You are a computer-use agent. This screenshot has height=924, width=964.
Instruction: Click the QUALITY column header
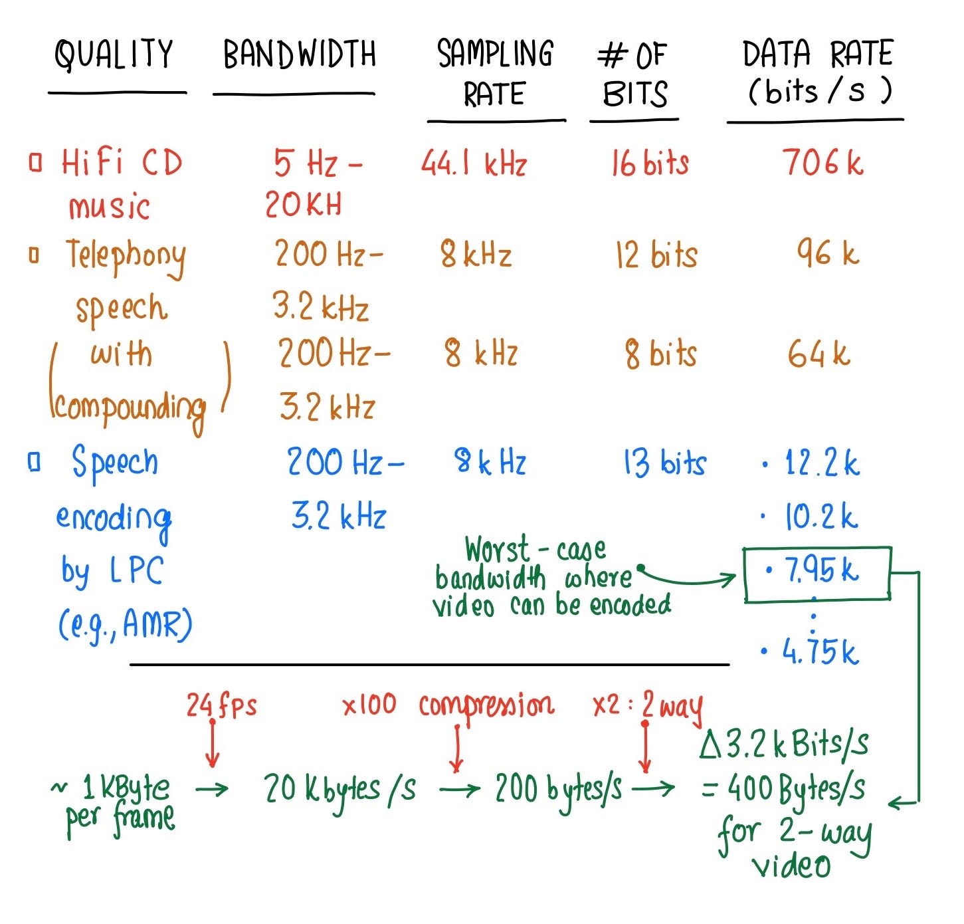(x=114, y=54)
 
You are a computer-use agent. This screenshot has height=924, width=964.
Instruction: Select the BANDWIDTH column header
(x=299, y=54)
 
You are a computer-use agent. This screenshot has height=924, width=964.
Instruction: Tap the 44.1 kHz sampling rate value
(x=474, y=163)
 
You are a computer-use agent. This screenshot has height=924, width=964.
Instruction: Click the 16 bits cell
(x=650, y=163)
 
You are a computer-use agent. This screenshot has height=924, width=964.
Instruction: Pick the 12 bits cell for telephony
(x=656, y=255)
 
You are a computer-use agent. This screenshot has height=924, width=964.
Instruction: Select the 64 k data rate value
(x=819, y=354)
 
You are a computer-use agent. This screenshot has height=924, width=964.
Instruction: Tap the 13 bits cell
(x=664, y=463)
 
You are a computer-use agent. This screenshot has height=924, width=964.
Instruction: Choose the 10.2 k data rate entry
(x=811, y=517)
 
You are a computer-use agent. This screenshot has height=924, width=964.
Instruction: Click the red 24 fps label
(x=221, y=705)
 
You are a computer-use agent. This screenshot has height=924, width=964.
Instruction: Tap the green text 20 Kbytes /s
(x=340, y=789)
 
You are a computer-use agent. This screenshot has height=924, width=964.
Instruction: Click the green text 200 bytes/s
(x=559, y=788)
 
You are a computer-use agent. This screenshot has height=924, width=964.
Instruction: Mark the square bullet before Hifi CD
(x=35, y=162)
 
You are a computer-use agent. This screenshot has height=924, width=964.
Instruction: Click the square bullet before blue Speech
(x=34, y=462)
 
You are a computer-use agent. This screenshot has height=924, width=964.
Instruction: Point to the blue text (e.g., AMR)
(x=125, y=626)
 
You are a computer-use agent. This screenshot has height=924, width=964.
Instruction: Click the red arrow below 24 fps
(x=213, y=743)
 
